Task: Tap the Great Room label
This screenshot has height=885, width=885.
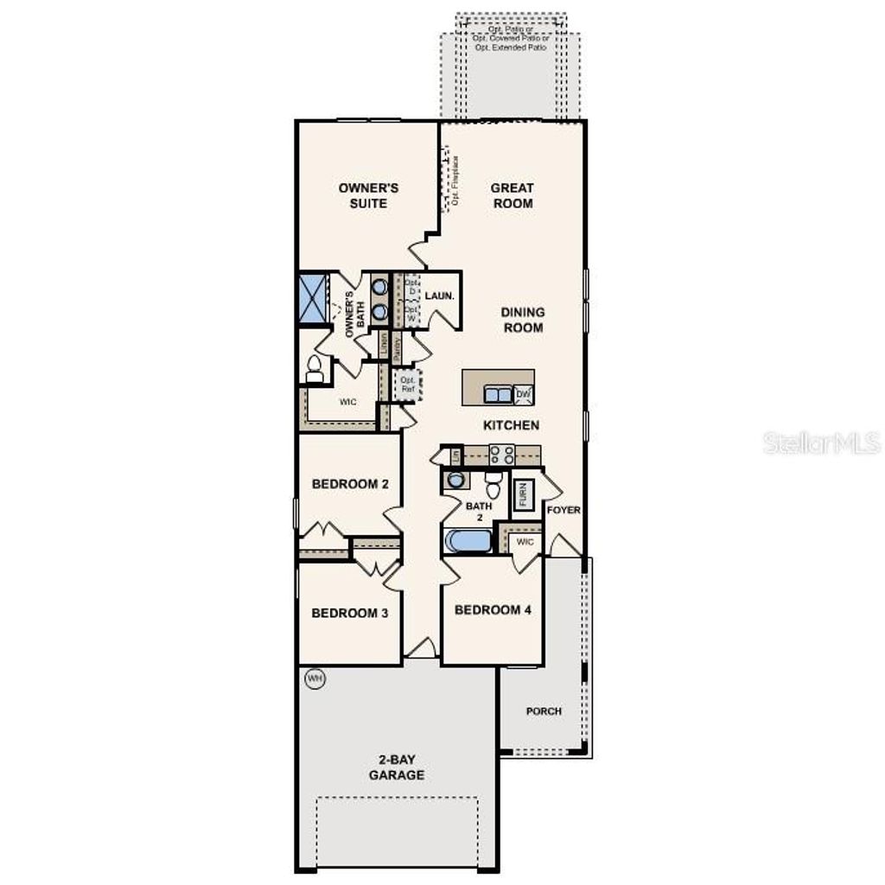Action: pyautogui.click(x=513, y=195)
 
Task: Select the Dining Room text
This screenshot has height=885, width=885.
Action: pyautogui.click(x=523, y=320)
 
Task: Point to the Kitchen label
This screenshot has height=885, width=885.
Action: pyautogui.click(x=511, y=425)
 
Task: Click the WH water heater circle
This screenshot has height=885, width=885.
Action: pyautogui.click(x=315, y=679)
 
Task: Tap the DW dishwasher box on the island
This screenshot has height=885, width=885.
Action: pyautogui.click(x=523, y=395)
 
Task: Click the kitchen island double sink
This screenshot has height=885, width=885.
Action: pyautogui.click(x=497, y=395)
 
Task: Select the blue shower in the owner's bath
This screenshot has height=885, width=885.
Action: pyautogui.click(x=311, y=298)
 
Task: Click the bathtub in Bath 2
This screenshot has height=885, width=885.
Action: pyautogui.click(x=467, y=543)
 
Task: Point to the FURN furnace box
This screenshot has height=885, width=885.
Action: pyautogui.click(x=523, y=495)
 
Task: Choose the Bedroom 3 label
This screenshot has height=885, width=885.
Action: pyautogui.click(x=349, y=614)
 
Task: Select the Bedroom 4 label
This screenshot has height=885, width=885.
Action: pyautogui.click(x=493, y=610)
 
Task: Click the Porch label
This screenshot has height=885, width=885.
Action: pyautogui.click(x=544, y=711)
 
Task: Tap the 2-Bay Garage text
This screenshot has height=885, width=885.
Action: pyautogui.click(x=397, y=767)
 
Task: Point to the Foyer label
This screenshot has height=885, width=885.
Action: pyautogui.click(x=563, y=510)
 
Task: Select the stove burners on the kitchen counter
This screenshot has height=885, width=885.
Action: pyautogui.click(x=502, y=455)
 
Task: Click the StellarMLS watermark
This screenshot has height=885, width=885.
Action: pyautogui.click(x=822, y=444)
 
